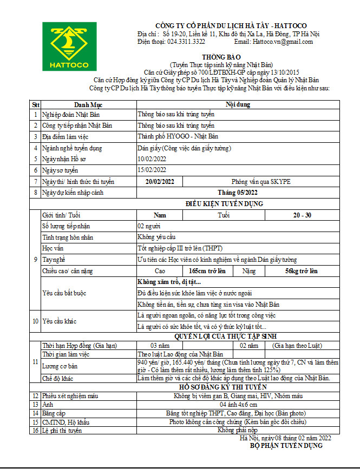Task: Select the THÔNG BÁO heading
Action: click(x=220, y=57)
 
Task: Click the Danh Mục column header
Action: click(x=88, y=105)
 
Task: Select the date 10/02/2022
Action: click(x=152, y=159)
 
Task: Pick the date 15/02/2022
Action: click(x=152, y=170)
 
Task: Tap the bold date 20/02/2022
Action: click(x=160, y=182)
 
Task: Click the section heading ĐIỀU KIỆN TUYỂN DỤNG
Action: click(x=224, y=204)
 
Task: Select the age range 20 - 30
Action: click(x=302, y=215)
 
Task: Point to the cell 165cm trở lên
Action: click(x=207, y=270)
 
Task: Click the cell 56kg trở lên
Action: click(x=302, y=270)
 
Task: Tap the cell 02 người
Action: click(x=149, y=226)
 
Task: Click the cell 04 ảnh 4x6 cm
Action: click(x=239, y=404)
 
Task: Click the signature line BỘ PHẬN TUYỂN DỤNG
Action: click(x=286, y=446)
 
